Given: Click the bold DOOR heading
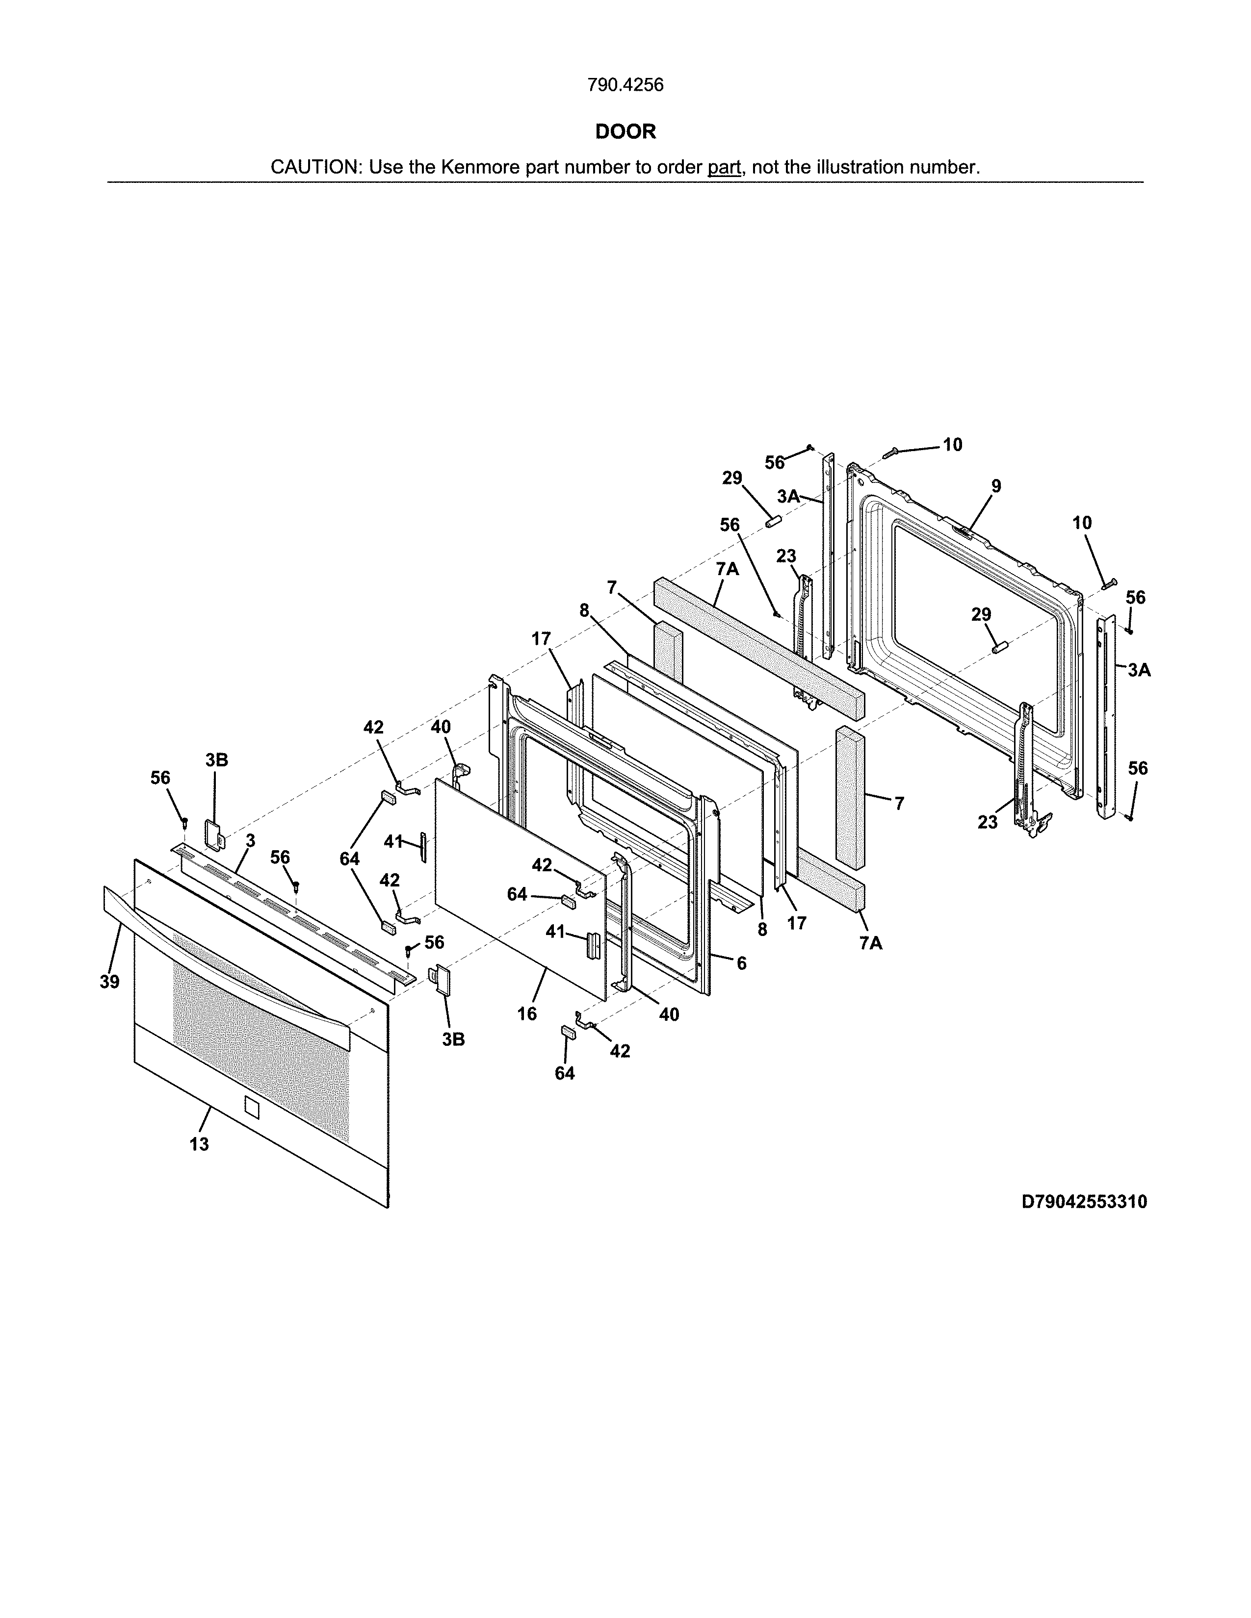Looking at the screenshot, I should click(625, 132).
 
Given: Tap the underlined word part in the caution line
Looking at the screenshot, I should click(724, 167).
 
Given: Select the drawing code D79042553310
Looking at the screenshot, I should click(1084, 1202).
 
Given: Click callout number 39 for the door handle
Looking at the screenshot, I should click(110, 982).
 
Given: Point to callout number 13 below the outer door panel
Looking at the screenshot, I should click(199, 1144).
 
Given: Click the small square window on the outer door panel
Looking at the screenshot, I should click(251, 1108).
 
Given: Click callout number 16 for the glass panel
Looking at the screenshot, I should click(527, 1013).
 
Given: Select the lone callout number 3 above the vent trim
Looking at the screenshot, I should click(251, 840).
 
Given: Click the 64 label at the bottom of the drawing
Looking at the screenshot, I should click(565, 1073).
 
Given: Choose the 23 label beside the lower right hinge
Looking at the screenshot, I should click(987, 822).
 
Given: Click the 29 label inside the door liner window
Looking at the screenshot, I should click(981, 614).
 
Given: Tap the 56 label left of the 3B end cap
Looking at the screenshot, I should click(160, 778).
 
